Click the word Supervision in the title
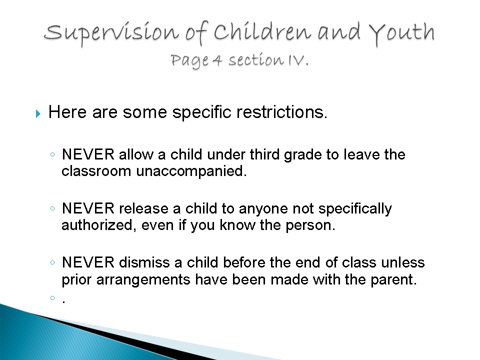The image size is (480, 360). tap(111, 33)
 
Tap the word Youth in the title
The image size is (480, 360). tap(402, 33)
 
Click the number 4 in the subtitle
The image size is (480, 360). tap(217, 60)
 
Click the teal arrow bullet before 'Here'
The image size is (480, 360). tap(38, 113)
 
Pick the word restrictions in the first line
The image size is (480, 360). tap(280, 111)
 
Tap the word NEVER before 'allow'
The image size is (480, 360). tap(88, 154)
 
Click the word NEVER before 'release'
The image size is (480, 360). tap(88, 208)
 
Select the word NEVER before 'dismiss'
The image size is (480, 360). tap(88, 262)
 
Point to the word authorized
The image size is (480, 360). tap(96, 225)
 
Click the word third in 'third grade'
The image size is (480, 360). tap(264, 154)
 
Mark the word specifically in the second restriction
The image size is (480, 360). tap(355, 209)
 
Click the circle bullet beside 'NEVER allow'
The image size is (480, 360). tap(52, 154)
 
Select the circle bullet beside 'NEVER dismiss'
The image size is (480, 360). tap(52, 262)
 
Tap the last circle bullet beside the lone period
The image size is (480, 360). tap(52, 298)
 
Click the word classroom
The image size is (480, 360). tap(96, 171)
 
